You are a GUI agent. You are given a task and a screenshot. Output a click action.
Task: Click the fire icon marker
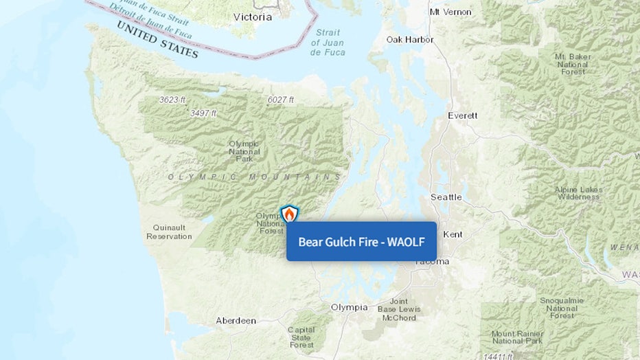pyautogui.click(x=290, y=214)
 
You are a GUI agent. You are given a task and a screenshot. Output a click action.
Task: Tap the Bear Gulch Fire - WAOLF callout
pyautogui.click(x=361, y=241)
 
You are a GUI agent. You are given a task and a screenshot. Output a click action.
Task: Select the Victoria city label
pyautogui.click(x=252, y=16)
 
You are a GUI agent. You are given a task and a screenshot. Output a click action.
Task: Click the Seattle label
pyautogui.click(x=446, y=197)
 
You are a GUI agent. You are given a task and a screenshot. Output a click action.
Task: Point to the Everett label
pyautogui.click(x=462, y=115)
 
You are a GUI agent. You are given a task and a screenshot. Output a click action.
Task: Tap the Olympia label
pyautogui.click(x=350, y=307)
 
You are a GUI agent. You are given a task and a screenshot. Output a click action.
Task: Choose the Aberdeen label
pyautogui.click(x=236, y=321)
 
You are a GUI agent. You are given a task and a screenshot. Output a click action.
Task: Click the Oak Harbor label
pyautogui.click(x=409, y=40)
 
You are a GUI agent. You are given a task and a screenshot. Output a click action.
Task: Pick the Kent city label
pyautogui.click(x=453, y=234)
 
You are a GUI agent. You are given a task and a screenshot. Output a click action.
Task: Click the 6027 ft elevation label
pyautogui.click(x=280, y=100)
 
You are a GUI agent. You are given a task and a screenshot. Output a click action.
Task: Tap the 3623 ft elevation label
pyautogui.click(x=172, y=100)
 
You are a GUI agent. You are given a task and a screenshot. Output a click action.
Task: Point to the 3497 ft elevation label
pyautogui.click(x=203, y=113)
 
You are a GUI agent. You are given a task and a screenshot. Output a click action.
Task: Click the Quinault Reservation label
pyautogui.click(x=169, y=232)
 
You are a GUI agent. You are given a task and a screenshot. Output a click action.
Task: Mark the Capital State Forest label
pyautogui.click(x=301, y=337)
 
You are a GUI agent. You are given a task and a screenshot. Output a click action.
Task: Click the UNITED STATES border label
pyautogui.click(x=157, y=40)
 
